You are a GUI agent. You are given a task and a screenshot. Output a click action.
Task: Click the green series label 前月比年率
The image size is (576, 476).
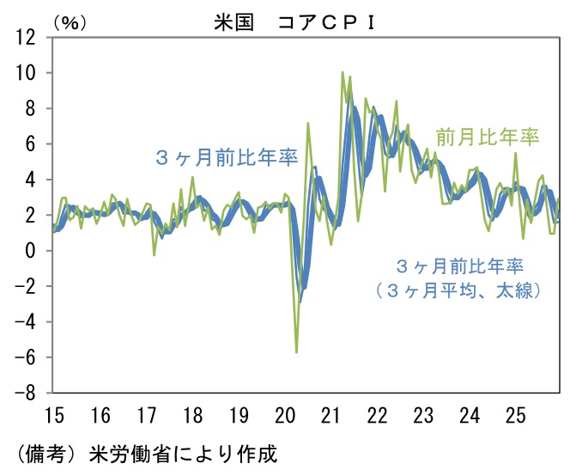[x=487, y=137]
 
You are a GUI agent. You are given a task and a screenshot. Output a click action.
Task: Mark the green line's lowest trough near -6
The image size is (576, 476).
[x=296, y=351]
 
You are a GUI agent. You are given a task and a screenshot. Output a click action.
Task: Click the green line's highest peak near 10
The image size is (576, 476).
[x=343, y=72]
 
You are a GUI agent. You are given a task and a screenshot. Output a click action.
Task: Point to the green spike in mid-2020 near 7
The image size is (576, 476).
[x=308, y=124]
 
